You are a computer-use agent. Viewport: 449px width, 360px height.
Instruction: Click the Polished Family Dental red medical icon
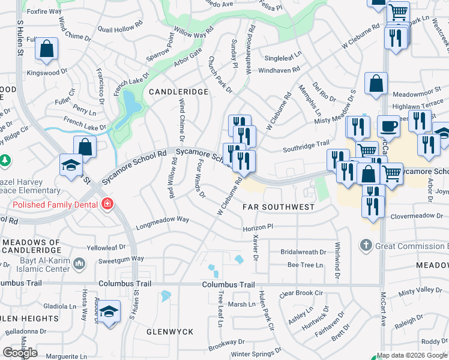(107, 203)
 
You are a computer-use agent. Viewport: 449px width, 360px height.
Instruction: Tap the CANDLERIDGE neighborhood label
(178, 92)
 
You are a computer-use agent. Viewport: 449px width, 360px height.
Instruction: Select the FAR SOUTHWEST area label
(278, 207)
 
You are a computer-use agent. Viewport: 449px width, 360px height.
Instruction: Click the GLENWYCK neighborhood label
(170, 331)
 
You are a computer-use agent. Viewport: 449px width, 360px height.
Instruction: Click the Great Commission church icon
(366, 245)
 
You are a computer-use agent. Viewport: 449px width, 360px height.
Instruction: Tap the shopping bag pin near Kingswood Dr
(46, 50)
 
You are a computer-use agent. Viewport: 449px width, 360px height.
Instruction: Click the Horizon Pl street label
(258, 228)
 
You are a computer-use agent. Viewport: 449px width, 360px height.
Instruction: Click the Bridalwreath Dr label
(303, 252)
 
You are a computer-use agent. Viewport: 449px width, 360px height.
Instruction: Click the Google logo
(20, 353)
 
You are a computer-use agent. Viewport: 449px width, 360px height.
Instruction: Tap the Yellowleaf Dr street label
(107, 247)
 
